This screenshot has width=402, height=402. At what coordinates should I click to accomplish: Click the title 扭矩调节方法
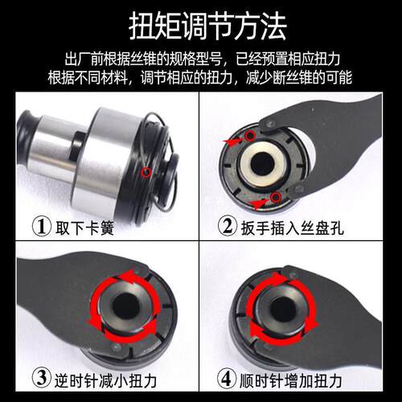tap(208, 27)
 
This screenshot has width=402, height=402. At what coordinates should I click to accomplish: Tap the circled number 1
tap(42, 227)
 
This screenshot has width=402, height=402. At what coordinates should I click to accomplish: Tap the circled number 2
tap(228, 227)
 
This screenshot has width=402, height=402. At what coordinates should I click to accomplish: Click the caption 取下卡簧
tap(84, 228)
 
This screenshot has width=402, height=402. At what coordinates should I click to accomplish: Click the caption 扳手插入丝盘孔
tap(292, 228)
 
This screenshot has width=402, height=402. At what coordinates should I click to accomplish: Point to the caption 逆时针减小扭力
tap(105, 380)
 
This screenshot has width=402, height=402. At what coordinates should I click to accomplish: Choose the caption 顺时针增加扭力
tap(290, 380)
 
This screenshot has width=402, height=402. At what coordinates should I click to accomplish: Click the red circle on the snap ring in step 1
tap(146, 173)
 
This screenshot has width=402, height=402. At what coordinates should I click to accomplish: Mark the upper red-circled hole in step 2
tap(251, 136)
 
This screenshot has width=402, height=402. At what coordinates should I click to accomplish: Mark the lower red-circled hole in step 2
tap(274, 198)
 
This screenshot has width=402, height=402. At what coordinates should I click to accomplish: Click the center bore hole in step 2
tap(263, 163)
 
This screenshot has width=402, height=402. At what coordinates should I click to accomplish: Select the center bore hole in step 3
tap(126, 306)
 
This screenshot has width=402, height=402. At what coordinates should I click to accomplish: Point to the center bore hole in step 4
tap(282, 309)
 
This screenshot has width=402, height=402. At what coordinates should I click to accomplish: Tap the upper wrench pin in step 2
tap(269, 124)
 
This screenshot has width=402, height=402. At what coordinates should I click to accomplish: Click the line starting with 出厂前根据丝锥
tap(203, 59)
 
